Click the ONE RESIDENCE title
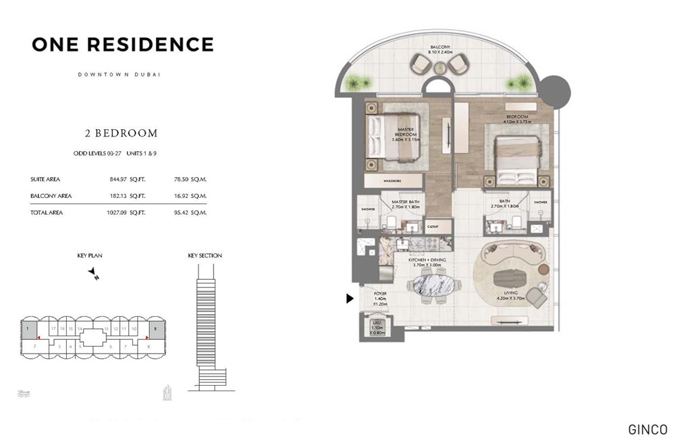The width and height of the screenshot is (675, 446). pos(122,45)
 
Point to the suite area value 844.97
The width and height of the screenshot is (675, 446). pos(118,180)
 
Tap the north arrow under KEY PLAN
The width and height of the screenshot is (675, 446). pos(94,273)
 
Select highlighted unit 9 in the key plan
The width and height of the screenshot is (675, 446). pos(156,330)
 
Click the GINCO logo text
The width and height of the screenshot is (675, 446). pos(647,430)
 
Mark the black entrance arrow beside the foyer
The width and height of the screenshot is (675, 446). pos(350,298)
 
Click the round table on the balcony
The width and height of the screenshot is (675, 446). pos(441,67)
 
